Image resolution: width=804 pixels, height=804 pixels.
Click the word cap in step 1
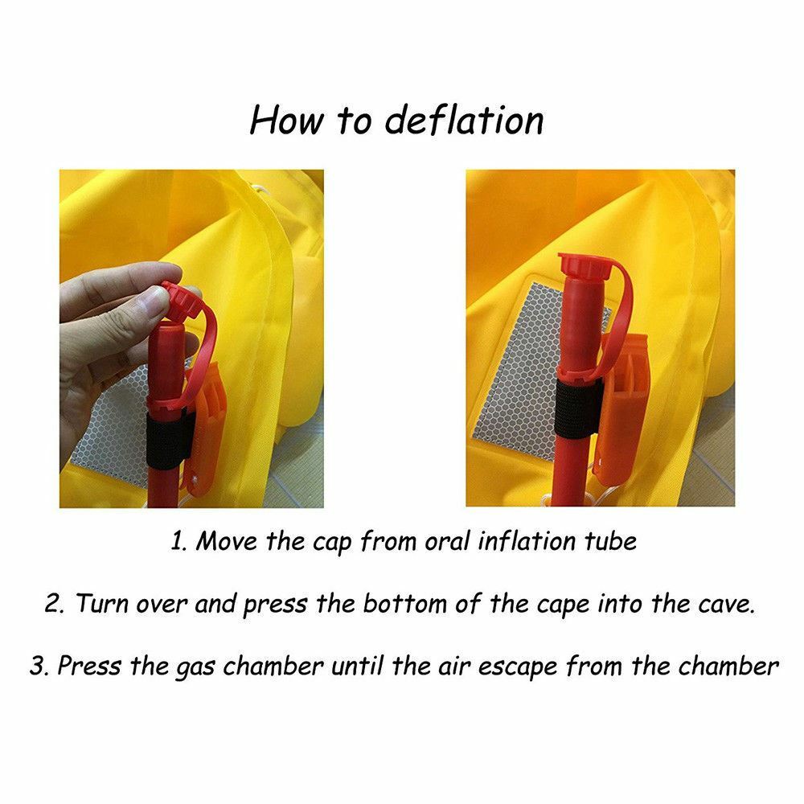331,543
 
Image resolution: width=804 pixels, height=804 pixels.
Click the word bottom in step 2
405,604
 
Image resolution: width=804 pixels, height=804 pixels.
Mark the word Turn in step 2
103,604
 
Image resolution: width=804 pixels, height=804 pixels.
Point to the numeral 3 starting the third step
38,666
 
